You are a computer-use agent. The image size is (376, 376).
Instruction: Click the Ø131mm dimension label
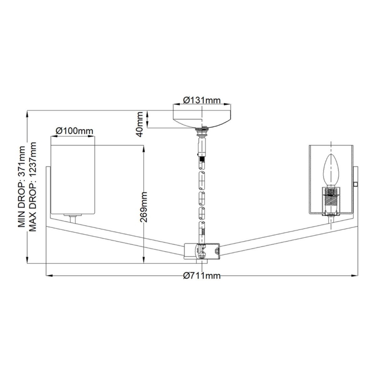(201, 100)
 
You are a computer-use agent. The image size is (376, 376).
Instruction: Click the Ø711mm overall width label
(201, 276)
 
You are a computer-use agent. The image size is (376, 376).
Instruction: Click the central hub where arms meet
(202, 250)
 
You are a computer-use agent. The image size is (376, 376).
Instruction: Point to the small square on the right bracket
(355, 184)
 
